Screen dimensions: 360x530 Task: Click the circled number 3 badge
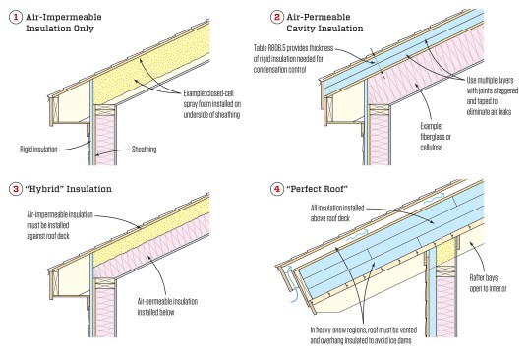[x=14, y=187]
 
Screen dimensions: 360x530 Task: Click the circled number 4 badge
[x=277, y=187]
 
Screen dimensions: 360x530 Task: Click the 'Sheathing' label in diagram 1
[x=145, y=150]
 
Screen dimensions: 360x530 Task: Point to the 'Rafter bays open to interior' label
[x=499, y=261]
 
